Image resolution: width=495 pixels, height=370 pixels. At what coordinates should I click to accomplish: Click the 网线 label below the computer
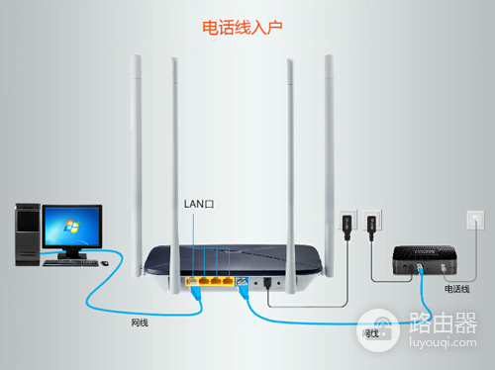[141, 323]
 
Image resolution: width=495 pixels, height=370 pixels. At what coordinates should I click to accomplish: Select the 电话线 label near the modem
[457, 289]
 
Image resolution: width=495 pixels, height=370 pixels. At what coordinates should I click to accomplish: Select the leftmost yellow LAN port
[193, 282]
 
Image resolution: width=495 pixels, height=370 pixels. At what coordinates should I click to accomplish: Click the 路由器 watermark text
[443, 323]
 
